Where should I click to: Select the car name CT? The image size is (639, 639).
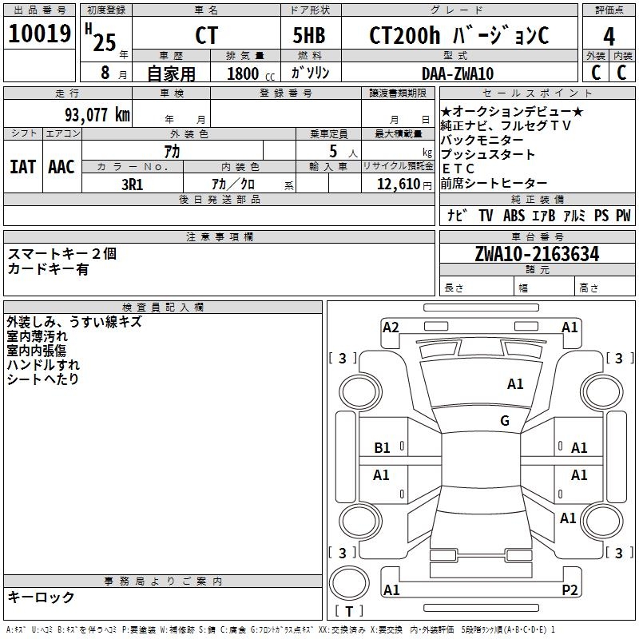pyautogui.click(x=206, y=36)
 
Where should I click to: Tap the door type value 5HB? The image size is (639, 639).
pyautogui.click(x=309, y=36)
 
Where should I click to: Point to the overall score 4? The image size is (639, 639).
pyautogui.click(x=609, y=36)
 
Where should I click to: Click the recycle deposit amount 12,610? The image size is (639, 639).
pyautogui.click(x=397, y=185)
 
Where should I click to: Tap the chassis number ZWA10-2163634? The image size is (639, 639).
pyautogui.click(x=536, y=255)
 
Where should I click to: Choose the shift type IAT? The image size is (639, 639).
pyautogui.click(x=22, y=167)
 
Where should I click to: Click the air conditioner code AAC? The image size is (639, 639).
pyautogui.click(x=61, y=167)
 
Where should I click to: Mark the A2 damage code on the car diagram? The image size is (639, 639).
pyautogui.click(x=391, y=327)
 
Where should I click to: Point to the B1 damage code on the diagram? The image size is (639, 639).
pyautogui.click(x=383, y=448)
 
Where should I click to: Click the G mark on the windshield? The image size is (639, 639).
pyautogui.click(x=505, y=421)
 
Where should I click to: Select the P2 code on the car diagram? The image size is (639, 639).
pyautogui.click(x=570, y=589)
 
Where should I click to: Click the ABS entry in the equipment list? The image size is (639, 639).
pyautogui.click(x=514, y=216)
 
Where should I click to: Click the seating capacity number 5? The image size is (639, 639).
pyautogui.click(x=331, y=151)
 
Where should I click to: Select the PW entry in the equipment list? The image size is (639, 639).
pyautogui.click(x=622, y=216)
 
